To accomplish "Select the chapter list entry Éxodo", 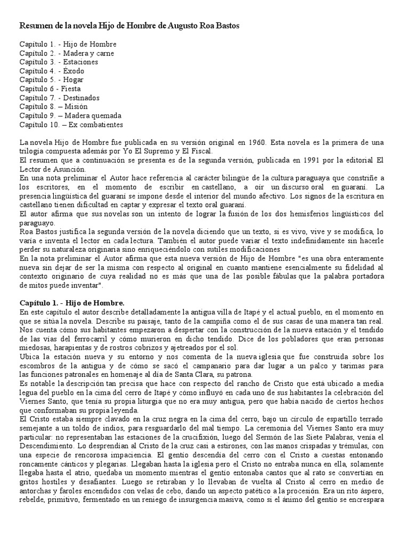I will tap(74, 71).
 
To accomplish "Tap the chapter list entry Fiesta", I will tap(70, 89).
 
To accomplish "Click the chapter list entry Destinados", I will tap(81, 98).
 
